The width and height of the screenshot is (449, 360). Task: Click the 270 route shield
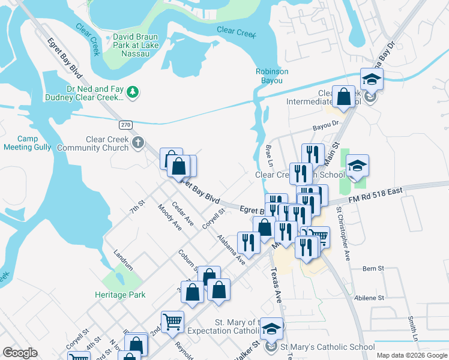[125, 125]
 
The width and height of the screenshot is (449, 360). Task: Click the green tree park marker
[133, 92]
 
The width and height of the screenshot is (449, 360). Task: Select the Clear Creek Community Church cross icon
[138, 143]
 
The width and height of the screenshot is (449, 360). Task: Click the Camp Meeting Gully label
[28, 143]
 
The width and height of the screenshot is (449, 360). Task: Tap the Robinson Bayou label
[272, 76]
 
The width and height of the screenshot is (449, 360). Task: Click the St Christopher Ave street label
[343, 234]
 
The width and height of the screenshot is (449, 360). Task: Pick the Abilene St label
[373, 298]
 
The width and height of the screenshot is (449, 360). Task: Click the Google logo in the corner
[20, 353]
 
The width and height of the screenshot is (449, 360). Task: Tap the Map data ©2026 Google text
[411, 355]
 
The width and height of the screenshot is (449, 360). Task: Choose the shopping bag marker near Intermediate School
[343, 96]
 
